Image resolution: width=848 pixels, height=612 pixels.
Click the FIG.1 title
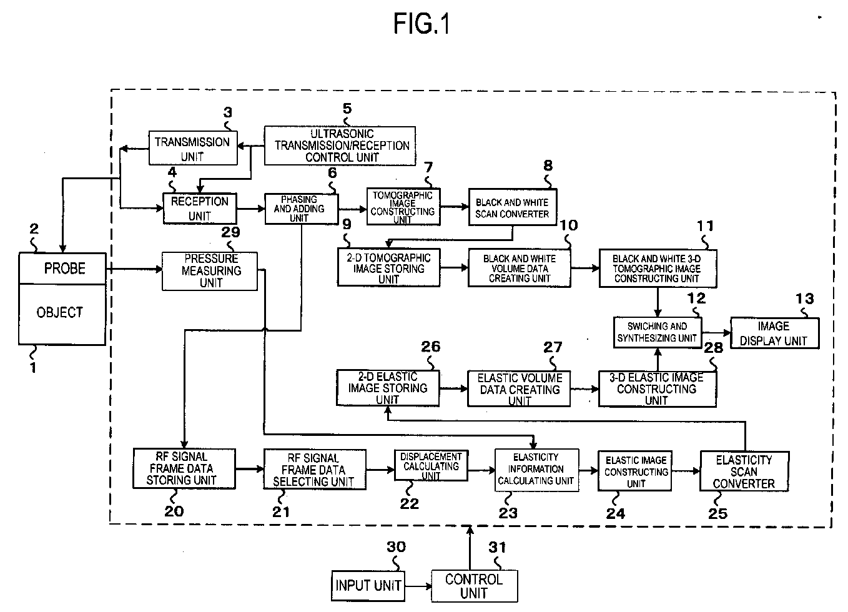tap(422, 24)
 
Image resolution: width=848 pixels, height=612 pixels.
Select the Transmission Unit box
tap(193, 148)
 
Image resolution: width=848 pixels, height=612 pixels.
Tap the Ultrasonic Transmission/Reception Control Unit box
tap(340, 146)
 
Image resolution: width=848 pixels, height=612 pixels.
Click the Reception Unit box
tap(200, 209)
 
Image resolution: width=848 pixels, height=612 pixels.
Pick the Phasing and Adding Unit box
tap(302, 209)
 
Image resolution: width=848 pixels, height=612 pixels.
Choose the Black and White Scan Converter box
tap(513, 207)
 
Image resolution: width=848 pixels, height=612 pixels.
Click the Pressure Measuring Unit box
tap(210, 271)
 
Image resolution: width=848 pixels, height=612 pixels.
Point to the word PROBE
tap(65, 268)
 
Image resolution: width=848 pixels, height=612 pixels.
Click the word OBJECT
tap(59, 312)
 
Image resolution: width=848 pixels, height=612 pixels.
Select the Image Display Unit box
tap(774, 333)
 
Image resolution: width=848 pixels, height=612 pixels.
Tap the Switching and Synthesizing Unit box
tap(658, 332)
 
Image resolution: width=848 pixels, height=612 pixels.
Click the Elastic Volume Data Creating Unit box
tap(519, 388)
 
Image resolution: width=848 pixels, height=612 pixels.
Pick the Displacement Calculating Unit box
tap(431, 466)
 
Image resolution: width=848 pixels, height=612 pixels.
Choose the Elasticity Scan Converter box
tap(744, 471)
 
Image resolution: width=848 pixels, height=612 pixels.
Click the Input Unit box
tap(368, 586)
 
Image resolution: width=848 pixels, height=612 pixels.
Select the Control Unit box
tap(475, 586)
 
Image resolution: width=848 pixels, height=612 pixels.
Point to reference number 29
tap(230, 232)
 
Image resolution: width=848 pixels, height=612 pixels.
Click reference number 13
tap(804, 299)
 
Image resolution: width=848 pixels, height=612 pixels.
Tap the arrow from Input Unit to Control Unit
tap(418, 586)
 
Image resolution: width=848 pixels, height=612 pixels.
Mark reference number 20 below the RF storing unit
tap(174, 511)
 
